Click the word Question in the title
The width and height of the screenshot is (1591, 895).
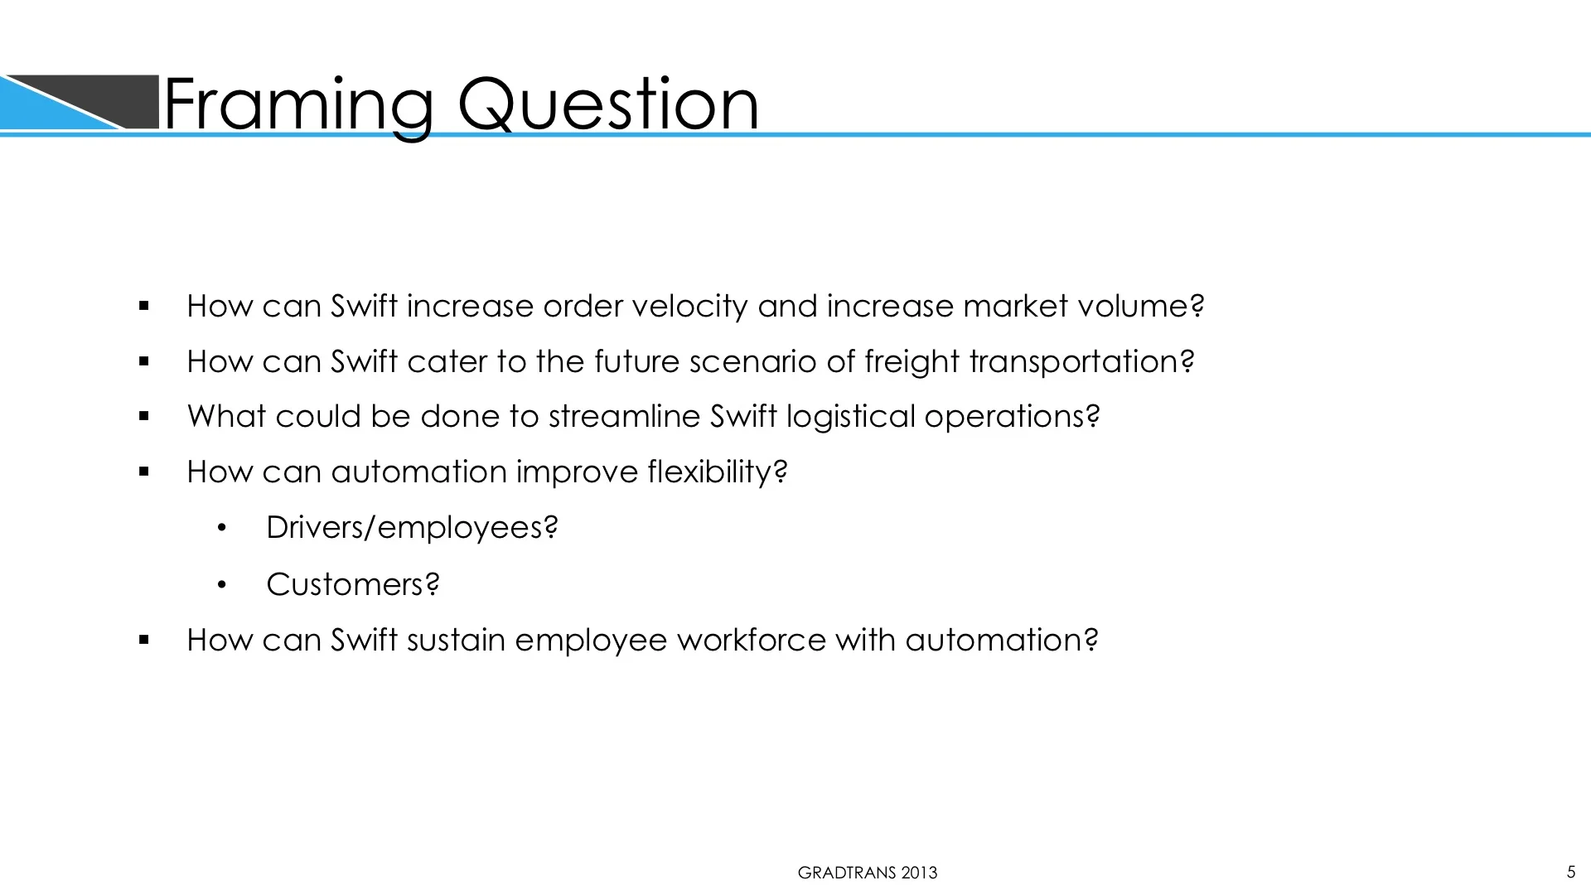tap(607, 104)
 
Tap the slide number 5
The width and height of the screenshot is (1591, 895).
tap(1570, 871)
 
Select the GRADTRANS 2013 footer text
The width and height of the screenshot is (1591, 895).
tap(867, 873)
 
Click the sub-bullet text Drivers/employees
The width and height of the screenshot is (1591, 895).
tap(411, 528)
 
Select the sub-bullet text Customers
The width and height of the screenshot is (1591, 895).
tap(352, 585)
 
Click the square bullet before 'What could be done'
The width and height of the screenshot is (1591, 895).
tap(144, 417)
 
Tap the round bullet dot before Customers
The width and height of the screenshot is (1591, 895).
tap(221, 586)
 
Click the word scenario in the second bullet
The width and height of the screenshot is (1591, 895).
tap(752, 362)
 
